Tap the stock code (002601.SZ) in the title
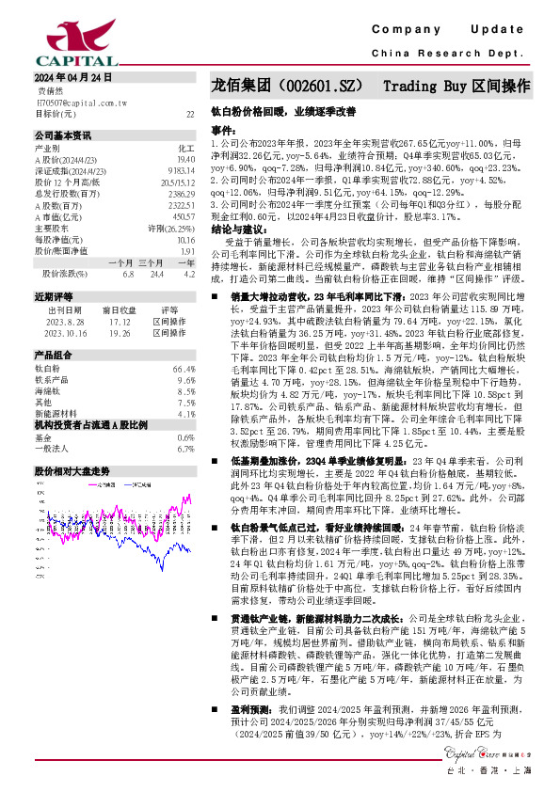tap(310, 86)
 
